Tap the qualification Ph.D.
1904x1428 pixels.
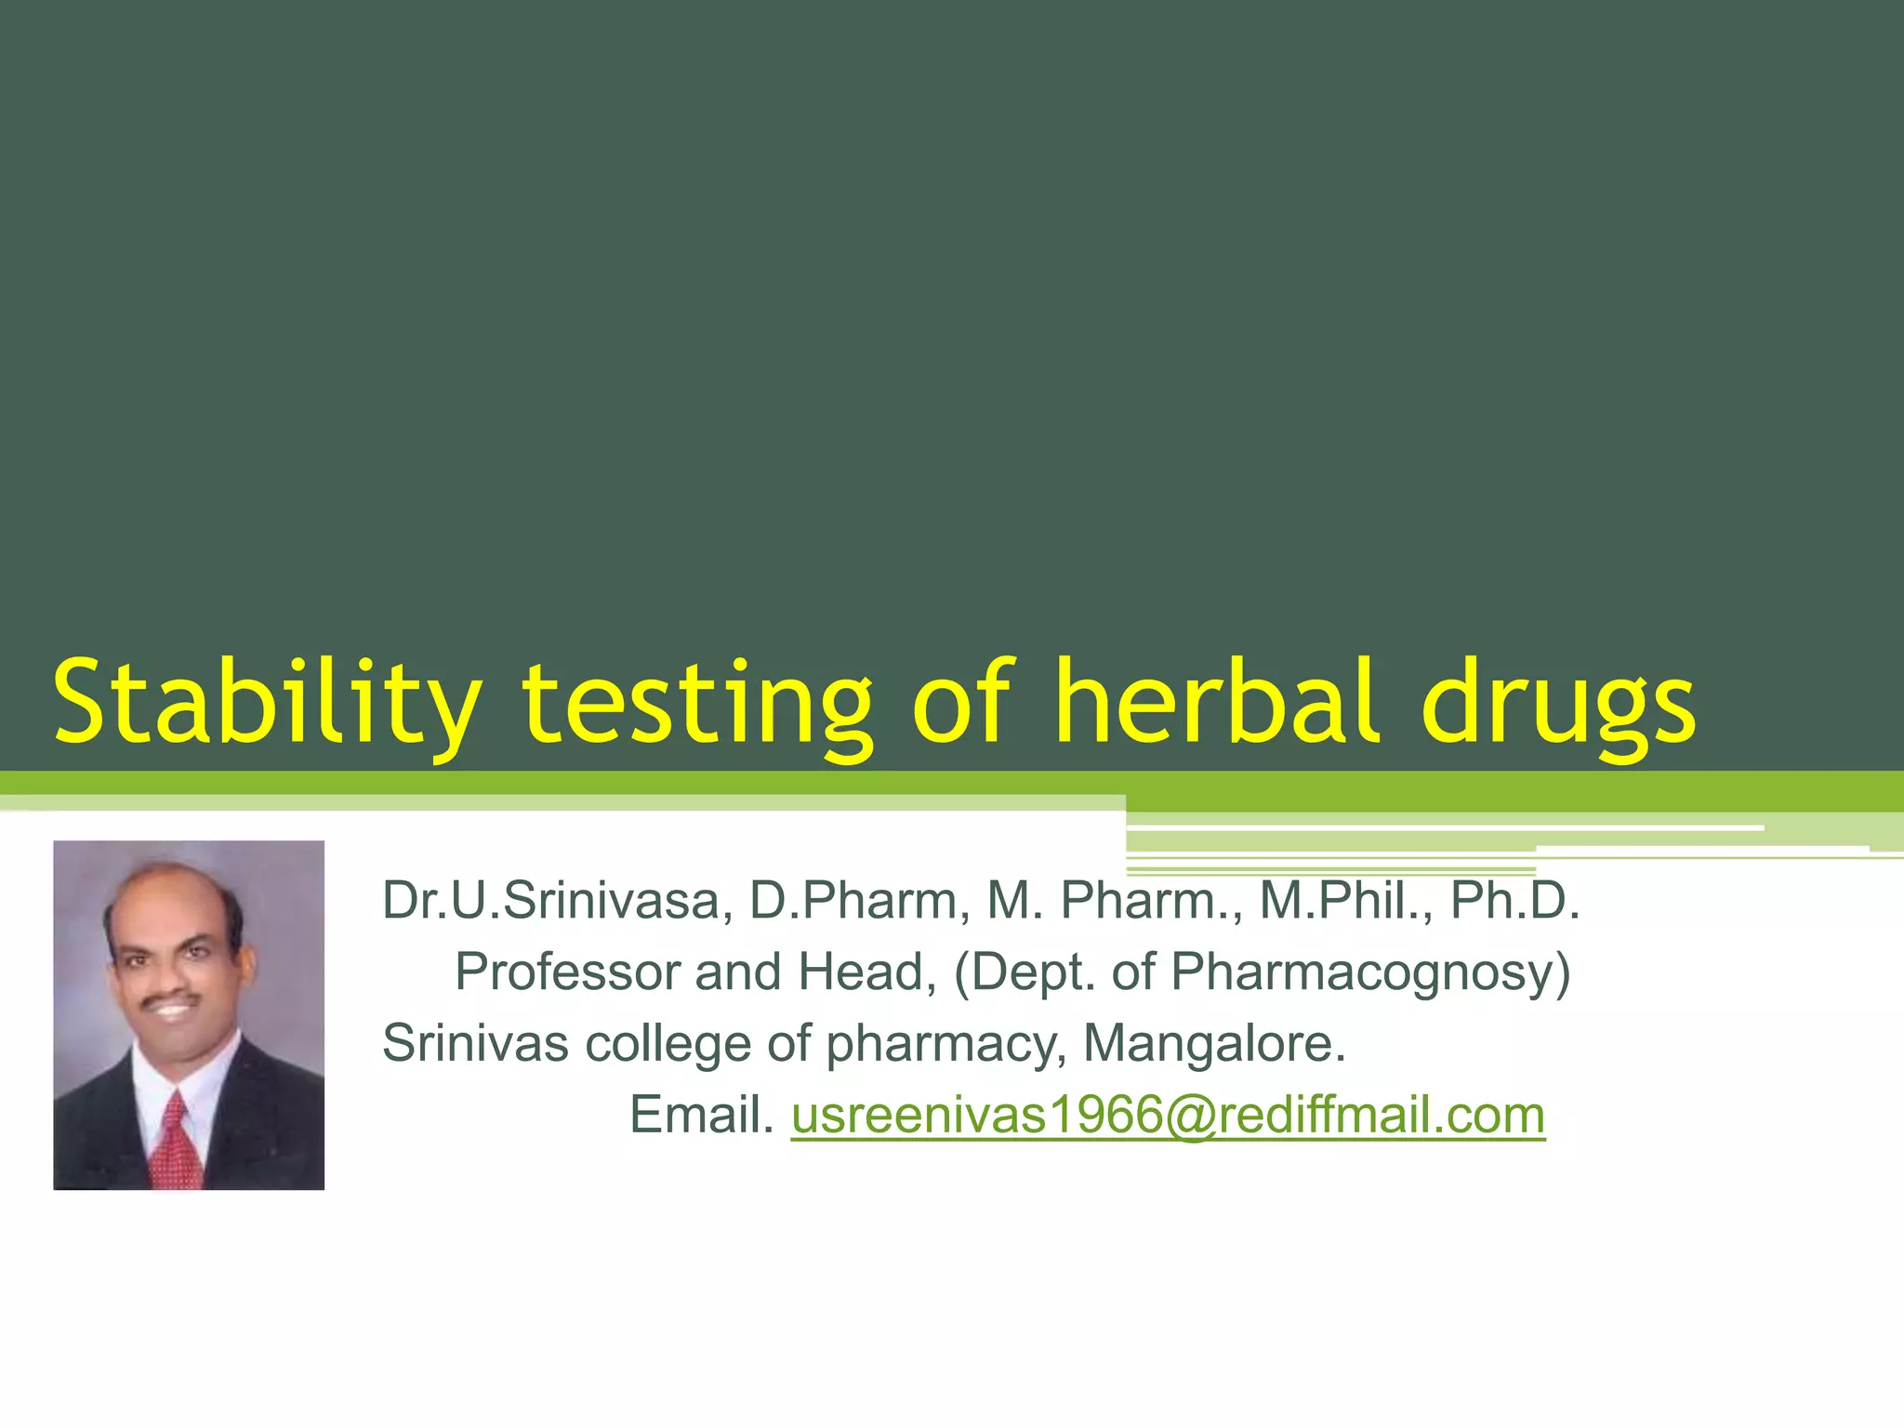point(1515,901)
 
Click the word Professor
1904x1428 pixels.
point(567,972)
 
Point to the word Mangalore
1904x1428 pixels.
point(1214,1044)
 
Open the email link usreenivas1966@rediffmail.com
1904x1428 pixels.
point(1168,1115)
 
